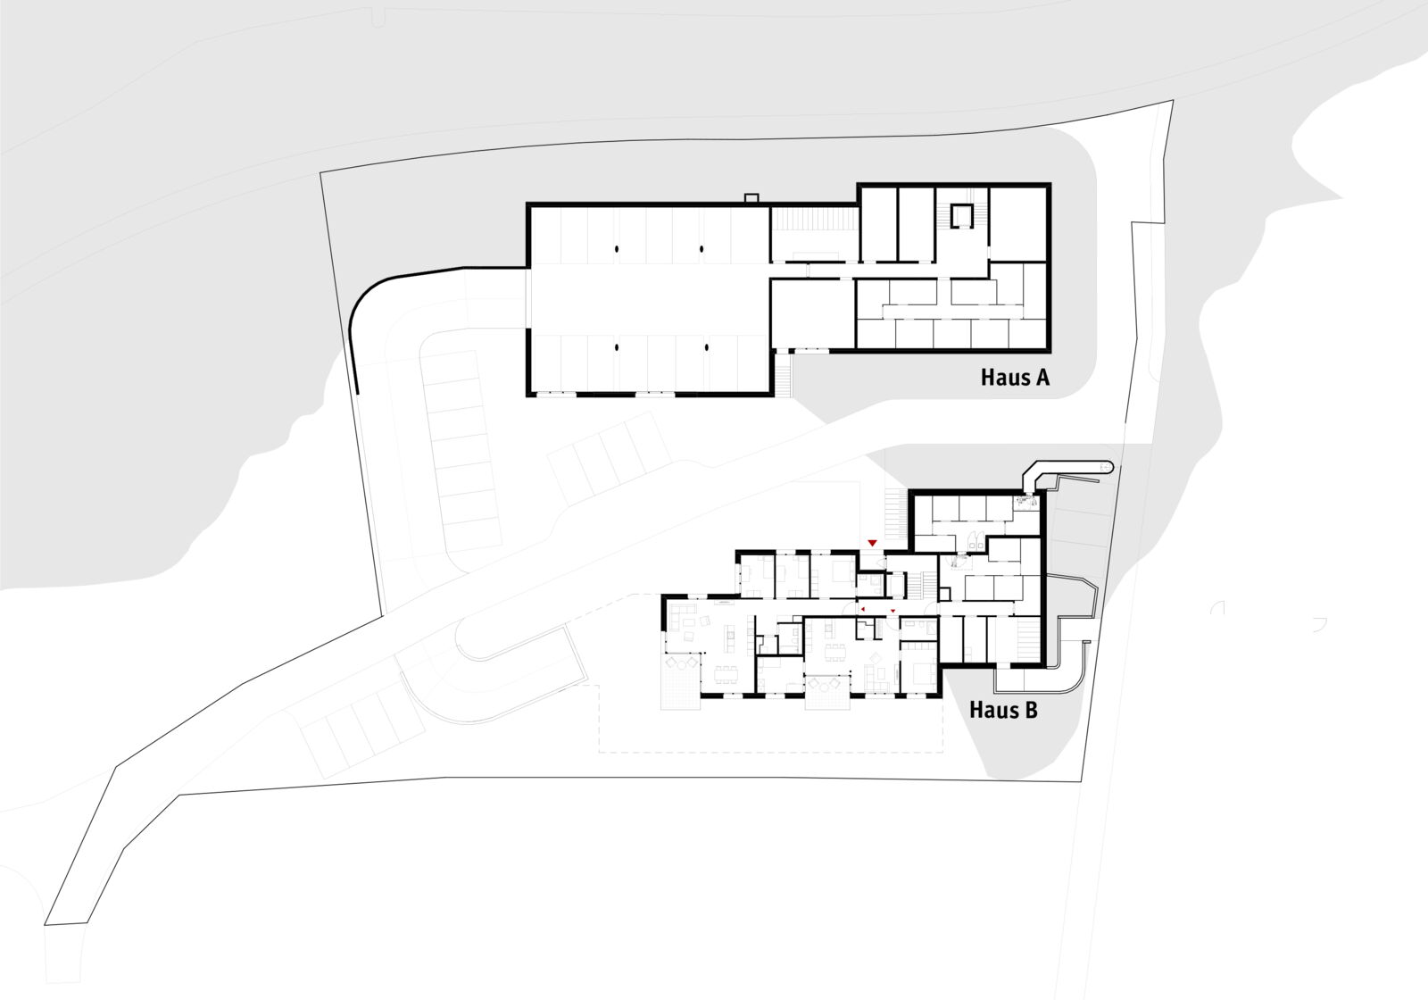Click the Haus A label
(x=1015, y=377)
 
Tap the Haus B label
(x=1003, y=710)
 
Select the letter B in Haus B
(x=1031, y=710)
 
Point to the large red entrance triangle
(x=873, y=543)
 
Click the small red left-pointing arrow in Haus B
(x=862, y=610)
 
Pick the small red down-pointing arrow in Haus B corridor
(x=892, y=611)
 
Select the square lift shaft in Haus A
(x=963, y=215)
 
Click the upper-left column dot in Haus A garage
(x=617, y=249)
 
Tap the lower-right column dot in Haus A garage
(x=707, y=347)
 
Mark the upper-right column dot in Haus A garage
(x=702, y=249)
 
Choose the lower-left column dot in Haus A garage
(x=617, y=347)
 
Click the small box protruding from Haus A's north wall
(x=751, y=198)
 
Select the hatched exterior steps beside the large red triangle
(x=896, y=515)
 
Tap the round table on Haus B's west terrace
(x=682, y=664)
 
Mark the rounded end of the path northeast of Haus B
(x=1108, y=468)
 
